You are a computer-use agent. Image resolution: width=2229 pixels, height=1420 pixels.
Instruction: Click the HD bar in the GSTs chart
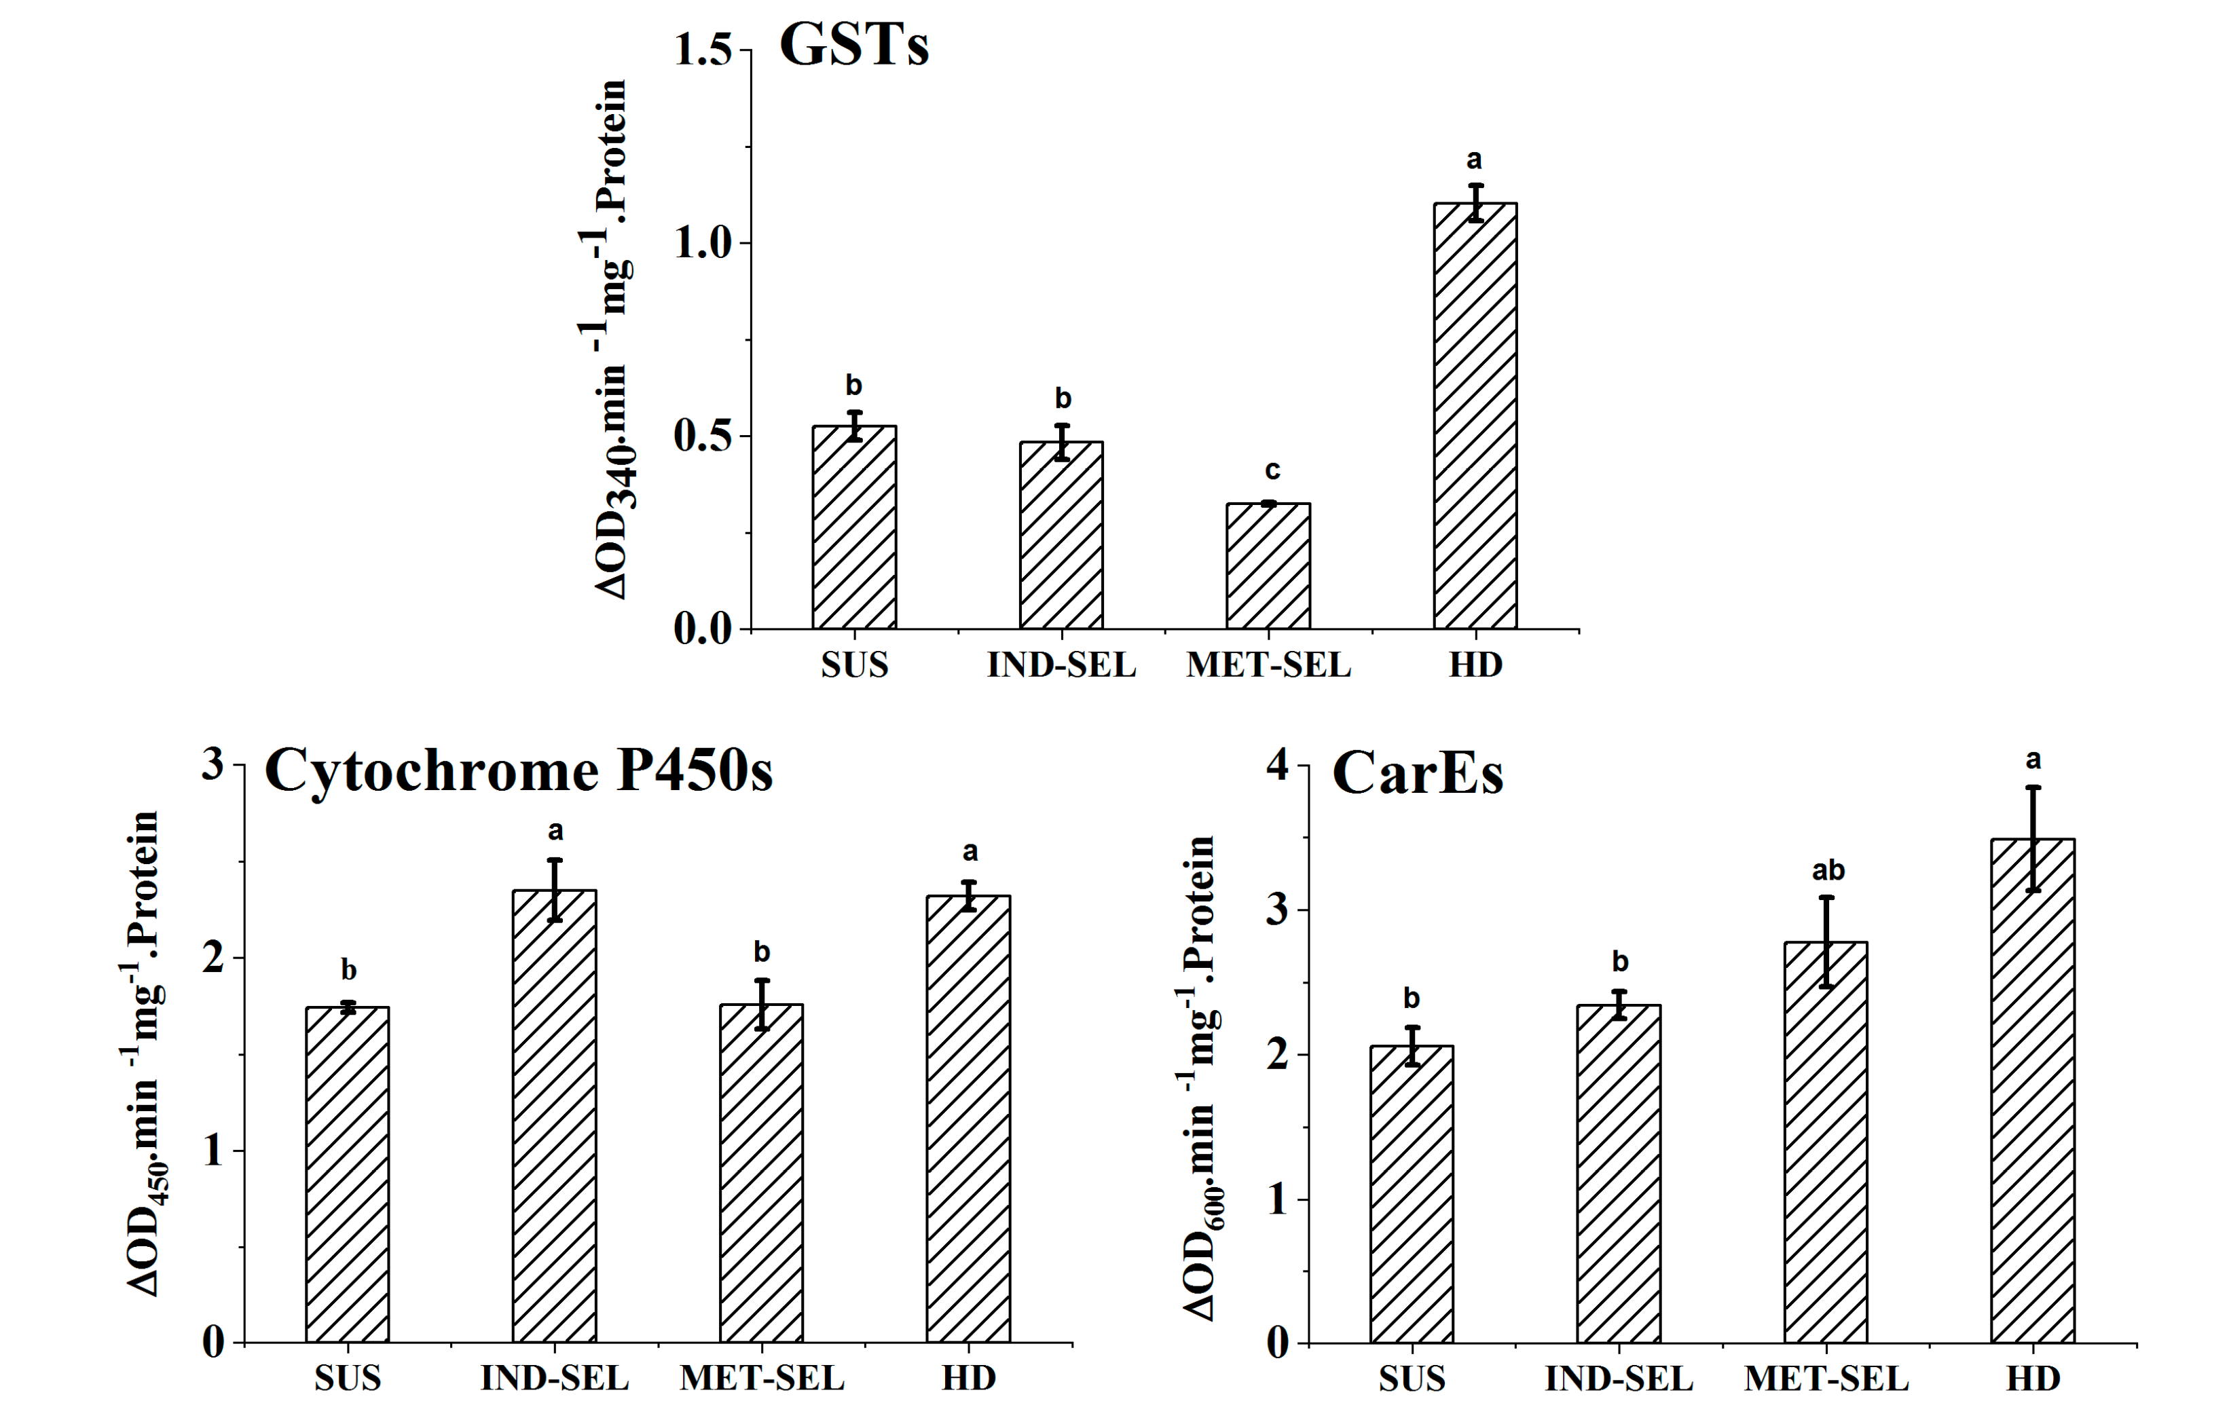(x=1475, y=417)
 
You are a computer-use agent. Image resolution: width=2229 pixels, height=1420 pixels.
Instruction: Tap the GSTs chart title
(x=853, y=44)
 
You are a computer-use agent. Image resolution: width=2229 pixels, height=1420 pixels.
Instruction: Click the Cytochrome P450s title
(x=518, y=770)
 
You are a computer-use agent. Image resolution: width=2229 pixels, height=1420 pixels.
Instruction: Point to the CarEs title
(x=1417, y=774)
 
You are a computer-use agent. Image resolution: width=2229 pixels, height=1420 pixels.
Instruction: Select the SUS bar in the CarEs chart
(x=1412, y=1194)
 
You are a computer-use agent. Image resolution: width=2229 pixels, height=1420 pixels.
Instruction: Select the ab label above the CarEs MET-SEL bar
(x=1827, y=871)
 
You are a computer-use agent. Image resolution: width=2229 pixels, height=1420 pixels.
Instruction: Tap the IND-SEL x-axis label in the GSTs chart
(x=1061, y=665)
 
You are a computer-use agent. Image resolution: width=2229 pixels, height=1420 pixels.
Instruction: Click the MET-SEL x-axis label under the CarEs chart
(x=1826, y=1379)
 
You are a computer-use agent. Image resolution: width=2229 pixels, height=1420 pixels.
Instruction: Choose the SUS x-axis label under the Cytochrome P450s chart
(x=347, y=1379)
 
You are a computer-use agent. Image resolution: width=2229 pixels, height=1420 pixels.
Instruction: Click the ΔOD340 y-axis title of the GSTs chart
(x=607, y=339)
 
